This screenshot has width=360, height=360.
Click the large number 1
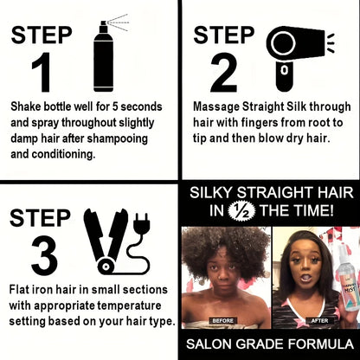(42, 74)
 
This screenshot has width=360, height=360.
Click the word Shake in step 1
(27, 106)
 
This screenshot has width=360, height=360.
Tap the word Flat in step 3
(22, 290)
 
